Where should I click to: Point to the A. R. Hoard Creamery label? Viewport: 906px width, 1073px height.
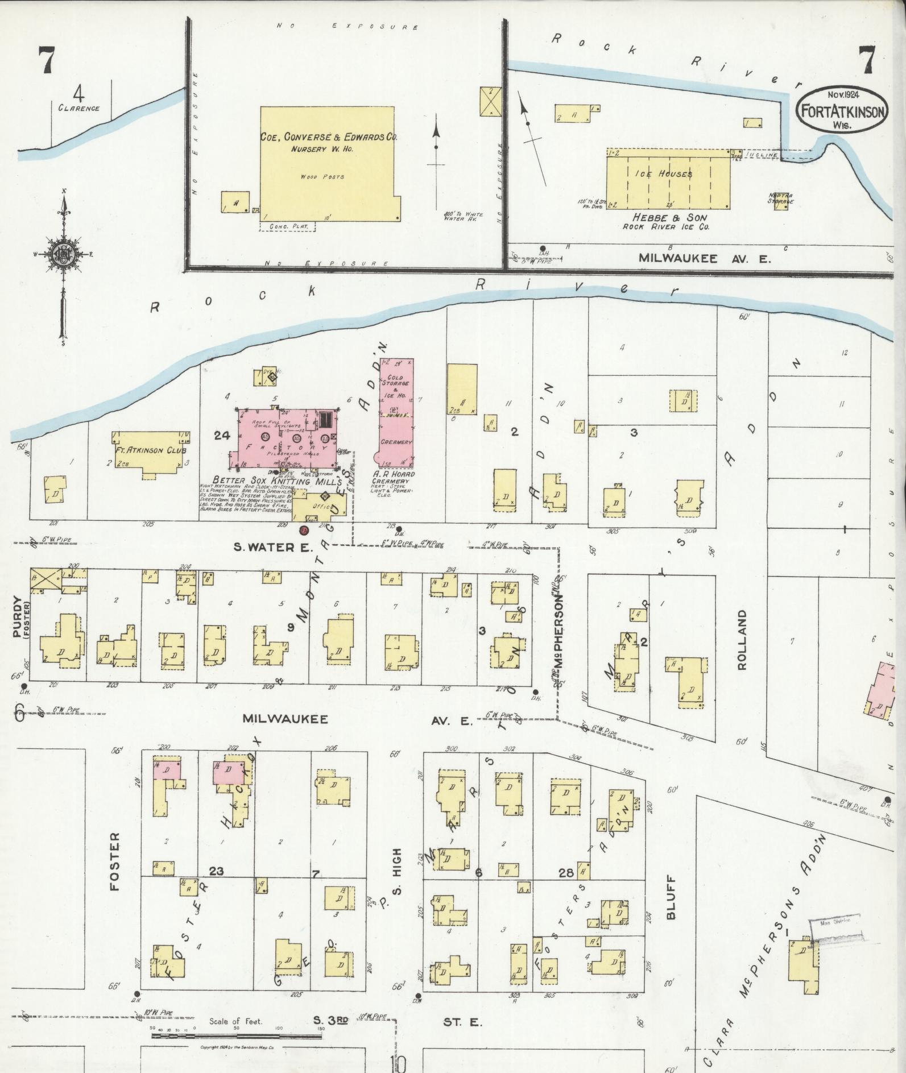(394, 478)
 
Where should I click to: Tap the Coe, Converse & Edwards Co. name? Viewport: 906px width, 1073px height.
(329, 137)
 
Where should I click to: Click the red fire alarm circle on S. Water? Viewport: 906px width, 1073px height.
(304, 531)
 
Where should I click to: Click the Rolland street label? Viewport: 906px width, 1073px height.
(742, 640)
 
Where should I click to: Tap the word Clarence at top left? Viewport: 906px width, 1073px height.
(78, 108)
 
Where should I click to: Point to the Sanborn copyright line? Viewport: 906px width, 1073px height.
(238, 1047)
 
